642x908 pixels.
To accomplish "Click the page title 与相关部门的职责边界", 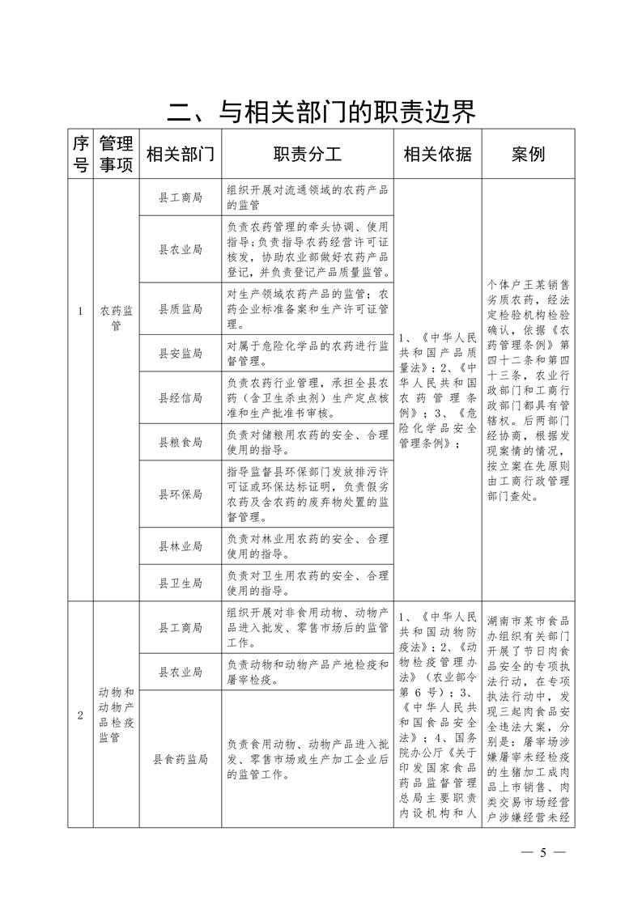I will (x=321, y=112).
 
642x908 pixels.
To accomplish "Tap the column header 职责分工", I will (x=308, y=155).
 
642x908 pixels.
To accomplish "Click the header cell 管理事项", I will (x=116, y=155).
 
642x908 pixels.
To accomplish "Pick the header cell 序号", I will (x=79, y=155).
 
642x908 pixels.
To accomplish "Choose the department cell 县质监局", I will (x=180, y=308).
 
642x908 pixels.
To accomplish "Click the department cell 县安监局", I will (x=180, y=353).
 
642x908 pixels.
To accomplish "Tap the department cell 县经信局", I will (x=180, y=397).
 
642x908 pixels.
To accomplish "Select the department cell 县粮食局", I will (x=180, y=442).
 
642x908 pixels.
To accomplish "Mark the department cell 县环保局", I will (x=180, y=494).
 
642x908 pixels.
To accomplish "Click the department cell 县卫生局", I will (x=180, y=583).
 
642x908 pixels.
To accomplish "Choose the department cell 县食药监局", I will (x=180, y=759).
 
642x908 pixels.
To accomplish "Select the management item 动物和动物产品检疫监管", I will (x=116, y=715).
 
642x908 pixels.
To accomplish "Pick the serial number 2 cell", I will (x=79, y=715).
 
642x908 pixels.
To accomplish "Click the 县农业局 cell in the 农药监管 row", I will (x=180, y=248).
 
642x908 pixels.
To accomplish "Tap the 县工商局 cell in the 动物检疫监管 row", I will (x=180, y=626).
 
